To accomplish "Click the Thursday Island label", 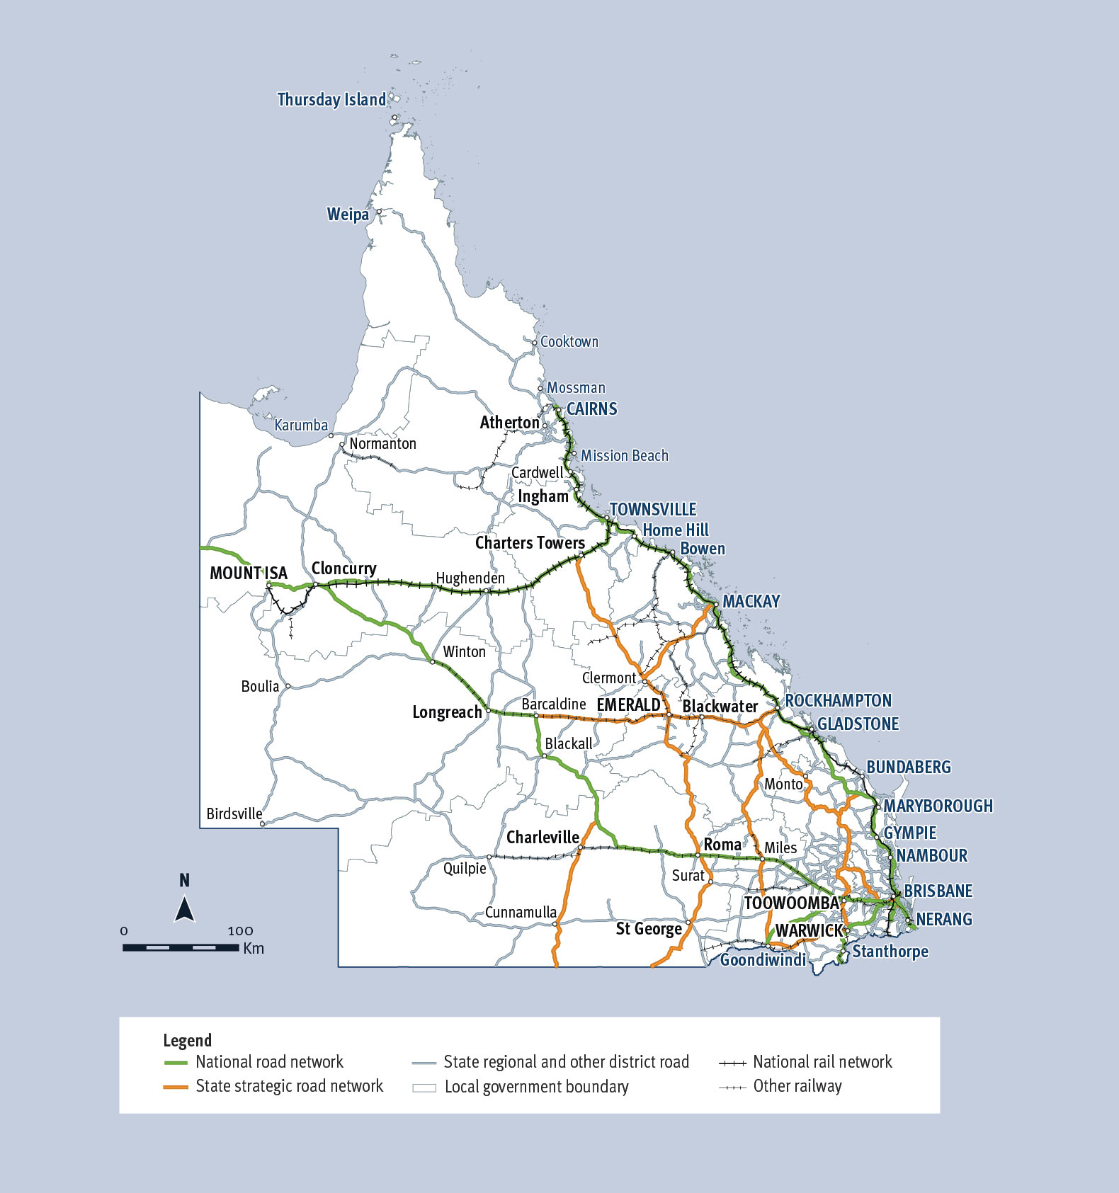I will pos(331,100).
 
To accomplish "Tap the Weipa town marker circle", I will pos(379,212).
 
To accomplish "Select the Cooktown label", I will pos(569,342).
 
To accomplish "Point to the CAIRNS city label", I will pos(591,409).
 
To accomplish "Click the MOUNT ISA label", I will pos(249,573).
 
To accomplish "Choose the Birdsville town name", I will pos(234,814).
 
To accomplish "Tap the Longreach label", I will pos(447,712).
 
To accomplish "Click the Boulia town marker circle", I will pos(288,686).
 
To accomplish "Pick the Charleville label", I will pos(543,838).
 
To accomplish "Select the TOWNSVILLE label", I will pos(653,510).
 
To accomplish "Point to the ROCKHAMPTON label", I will pos(838,701).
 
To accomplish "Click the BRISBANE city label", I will pos(938,891).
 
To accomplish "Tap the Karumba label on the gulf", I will pos(301,426).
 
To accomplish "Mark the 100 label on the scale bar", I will pos(240,931).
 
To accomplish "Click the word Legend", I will pos(187,1040).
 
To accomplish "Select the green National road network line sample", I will pos(176,1063).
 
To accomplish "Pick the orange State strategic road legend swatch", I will pos(176,1087).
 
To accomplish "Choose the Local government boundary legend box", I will pos(424,1088).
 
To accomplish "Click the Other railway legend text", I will pos(797,1087).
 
